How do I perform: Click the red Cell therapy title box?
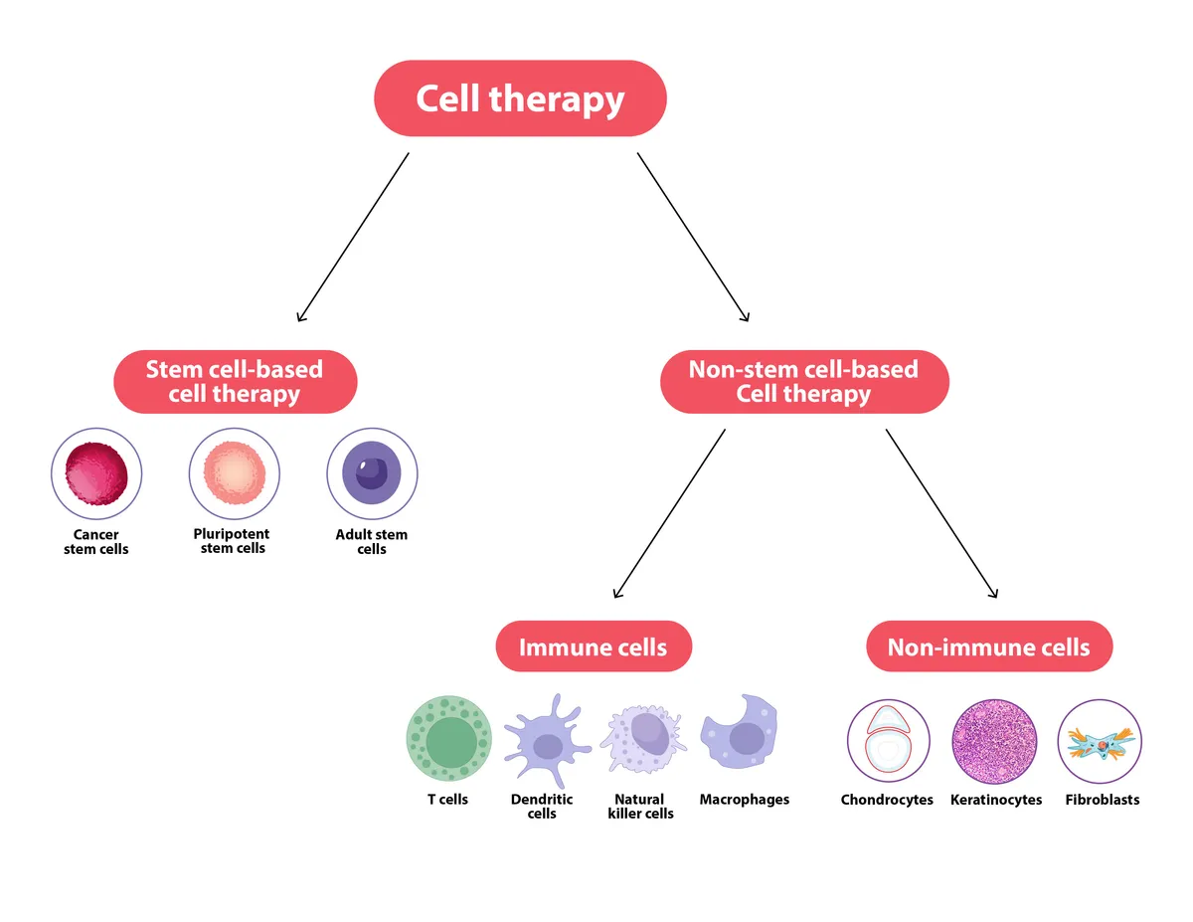pos(520,98)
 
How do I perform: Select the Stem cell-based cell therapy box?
pos(235,382)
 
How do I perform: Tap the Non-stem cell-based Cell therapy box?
pos(804,382)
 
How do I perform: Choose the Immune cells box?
pos(593,647)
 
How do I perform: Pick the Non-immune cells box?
pos(988,647)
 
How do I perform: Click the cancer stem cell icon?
pos(96,473)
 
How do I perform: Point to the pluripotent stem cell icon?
pos(235,473)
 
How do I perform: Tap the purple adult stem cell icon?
pos(372,473)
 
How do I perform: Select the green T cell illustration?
pos(449,739)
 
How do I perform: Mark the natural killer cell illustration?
pos(645,739)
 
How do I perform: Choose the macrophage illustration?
pos(741,734)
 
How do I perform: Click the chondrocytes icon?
pos(888,742)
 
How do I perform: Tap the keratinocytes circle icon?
pos(995,742)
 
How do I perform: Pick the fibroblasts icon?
pos(1101,742)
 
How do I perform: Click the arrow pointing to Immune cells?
pos(669,513)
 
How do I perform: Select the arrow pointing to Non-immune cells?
pos(940,513)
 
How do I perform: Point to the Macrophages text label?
pos(745,800)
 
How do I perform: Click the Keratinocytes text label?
pos(996,800)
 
